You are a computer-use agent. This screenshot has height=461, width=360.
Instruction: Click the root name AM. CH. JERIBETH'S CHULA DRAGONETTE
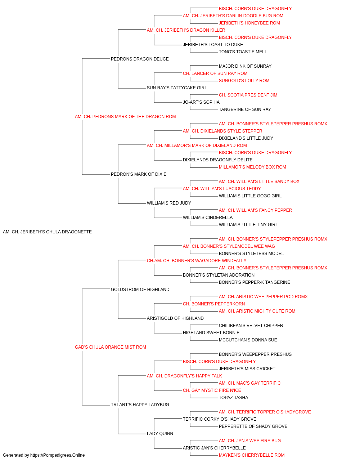coord(47,232)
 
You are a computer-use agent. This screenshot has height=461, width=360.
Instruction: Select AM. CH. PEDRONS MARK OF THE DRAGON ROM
coord(125,117)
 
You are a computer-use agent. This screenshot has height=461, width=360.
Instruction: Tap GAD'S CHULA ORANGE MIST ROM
coord(111,347)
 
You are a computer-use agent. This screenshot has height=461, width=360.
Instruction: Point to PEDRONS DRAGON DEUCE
coord(140,59)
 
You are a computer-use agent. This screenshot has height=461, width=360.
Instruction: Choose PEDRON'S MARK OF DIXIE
coord(139,174)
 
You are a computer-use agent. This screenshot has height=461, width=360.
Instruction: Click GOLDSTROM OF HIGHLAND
coord(140,289)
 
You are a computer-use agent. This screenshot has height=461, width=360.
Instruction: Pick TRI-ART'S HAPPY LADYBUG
coord(140,404)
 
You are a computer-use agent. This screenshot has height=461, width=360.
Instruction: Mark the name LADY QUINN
coord(160,433)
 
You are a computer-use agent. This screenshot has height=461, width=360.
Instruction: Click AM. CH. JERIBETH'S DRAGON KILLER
coord(186,30)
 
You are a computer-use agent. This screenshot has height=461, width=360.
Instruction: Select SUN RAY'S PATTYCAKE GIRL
coord(177,88)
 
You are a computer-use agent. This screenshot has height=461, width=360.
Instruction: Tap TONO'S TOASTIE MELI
coord(242,52)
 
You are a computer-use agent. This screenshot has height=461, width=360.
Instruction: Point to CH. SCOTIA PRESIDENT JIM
coord(248,95)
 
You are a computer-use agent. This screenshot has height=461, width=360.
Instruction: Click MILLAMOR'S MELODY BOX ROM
coord(252,167)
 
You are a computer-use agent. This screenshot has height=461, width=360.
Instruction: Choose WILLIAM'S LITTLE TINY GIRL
coord(248,225)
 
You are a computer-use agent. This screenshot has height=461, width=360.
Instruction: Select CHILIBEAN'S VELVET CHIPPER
coord(251,326)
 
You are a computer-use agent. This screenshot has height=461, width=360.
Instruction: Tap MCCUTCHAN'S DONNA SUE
coord(248,340)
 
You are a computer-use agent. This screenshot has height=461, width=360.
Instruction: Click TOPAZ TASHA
coord(233,397)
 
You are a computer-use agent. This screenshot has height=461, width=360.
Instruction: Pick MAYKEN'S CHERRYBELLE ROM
coord(252,455)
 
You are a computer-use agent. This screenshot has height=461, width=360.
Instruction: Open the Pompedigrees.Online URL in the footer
coord(58,455)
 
